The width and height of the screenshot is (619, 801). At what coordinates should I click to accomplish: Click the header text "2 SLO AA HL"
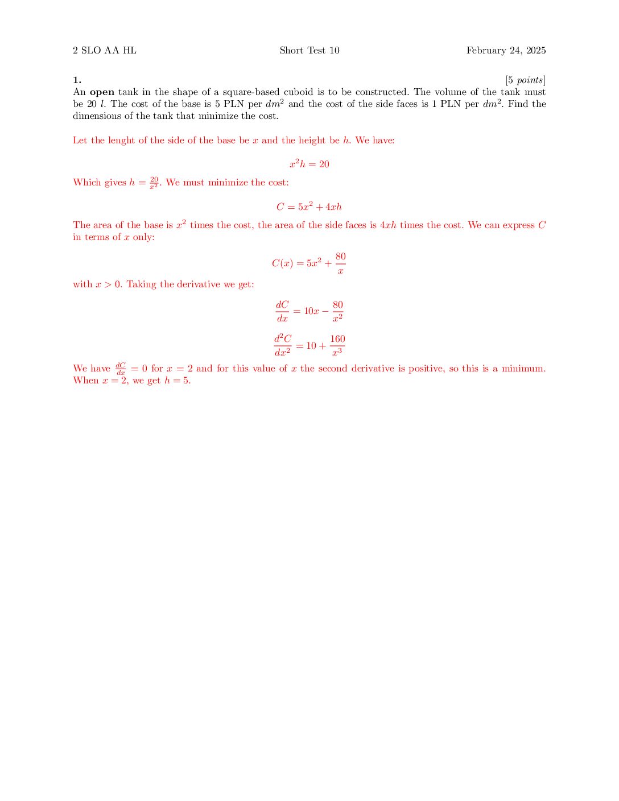pos(105,51)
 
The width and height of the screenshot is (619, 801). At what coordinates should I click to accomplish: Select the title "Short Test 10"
pos(309,51)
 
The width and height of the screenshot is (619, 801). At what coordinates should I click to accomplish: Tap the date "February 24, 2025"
pos(506,51)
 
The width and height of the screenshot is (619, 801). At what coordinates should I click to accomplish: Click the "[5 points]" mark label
pos(525,80)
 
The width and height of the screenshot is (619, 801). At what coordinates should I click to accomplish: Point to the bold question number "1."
pos(77,80)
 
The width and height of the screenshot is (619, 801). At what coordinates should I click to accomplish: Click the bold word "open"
pos(102,92)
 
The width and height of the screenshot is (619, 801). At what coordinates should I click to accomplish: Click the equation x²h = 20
pos(309,164)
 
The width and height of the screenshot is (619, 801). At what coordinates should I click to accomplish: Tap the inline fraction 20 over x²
pos(154,183)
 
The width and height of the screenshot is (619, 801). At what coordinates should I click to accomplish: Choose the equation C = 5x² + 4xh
pos(309,207)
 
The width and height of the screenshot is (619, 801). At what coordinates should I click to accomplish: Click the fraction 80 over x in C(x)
pos(340,263)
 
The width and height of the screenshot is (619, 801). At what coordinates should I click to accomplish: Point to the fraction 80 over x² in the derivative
pos(338,311)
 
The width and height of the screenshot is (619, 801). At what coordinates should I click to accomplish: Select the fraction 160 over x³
pos(337,345)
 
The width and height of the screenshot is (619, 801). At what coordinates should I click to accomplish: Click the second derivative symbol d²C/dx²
pos(282,345)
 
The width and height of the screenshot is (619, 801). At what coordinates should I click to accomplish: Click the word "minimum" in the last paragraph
pos(522,369)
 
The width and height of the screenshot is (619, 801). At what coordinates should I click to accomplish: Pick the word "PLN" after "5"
pos(233,104)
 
